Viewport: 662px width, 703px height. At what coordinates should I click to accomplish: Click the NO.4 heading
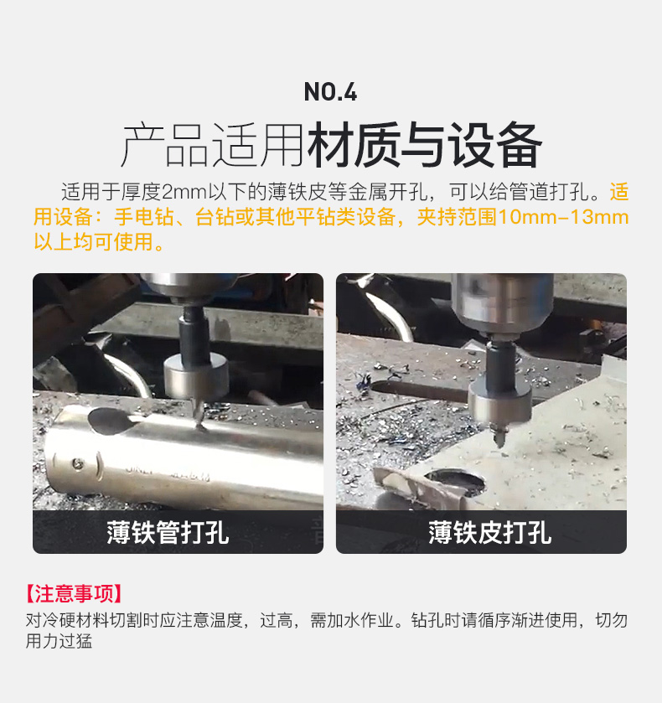pyautogui.click(x=330, y=92)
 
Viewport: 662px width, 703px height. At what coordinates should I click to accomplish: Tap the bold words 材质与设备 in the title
pyautogui.click(x=424, y=145)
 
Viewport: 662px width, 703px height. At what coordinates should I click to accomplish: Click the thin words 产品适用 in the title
pyautogui.click(x=214, y=145)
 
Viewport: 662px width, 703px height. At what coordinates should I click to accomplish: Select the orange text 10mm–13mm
pyautogui.click(x=563, y=217)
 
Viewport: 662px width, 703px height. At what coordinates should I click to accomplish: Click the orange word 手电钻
pyautogui.click(x=144, y=217)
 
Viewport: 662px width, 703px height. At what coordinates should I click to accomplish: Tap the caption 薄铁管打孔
pyautogui.click(x=168, y=533)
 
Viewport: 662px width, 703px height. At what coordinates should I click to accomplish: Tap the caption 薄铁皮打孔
pyautogui.click(x=489, y=533)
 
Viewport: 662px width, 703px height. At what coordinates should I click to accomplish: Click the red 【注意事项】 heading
pyautogui.click(x=74, y=593)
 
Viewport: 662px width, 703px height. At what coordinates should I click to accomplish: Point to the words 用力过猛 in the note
pyautogui.click(x=59, y=641)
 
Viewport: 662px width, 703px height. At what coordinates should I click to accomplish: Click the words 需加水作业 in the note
pyautogui.click(x=352, y=621)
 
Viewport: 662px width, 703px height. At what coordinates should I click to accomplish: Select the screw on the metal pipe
pyautogui.click(x=79, y=463)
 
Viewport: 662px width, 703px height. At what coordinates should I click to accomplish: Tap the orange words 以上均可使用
pyautogui.click(x=94, y=242)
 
